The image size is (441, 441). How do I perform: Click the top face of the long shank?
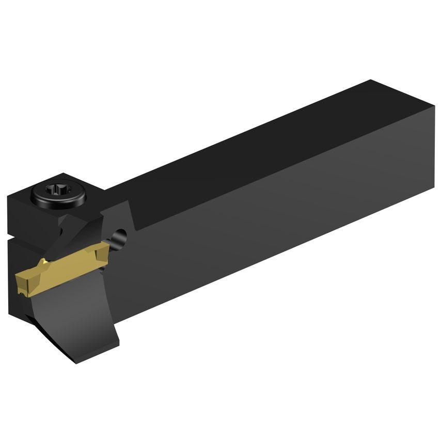[258, 139]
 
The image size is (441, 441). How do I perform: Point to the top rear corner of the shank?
[371, 81]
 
